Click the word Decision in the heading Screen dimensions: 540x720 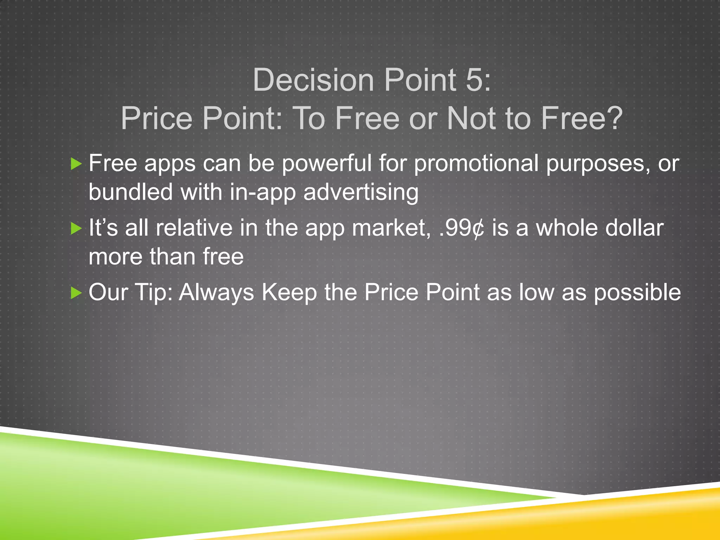313,80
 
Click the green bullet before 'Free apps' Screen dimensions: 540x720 76,163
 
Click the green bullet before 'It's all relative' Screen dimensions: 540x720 76,228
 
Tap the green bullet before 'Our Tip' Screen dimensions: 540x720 76,292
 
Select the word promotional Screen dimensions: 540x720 476,164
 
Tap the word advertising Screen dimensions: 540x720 361,193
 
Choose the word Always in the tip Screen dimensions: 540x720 216,293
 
